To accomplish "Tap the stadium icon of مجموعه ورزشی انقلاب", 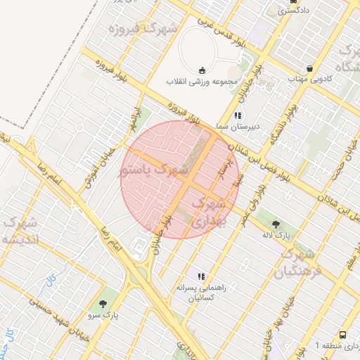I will coord(202,70).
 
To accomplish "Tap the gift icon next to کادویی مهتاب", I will coord(310,68).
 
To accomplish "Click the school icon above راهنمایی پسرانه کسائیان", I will coord(201,276).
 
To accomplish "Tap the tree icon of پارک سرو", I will coord(104,304).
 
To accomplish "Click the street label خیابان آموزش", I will coord(97,169).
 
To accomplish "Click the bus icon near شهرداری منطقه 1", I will coord(342,335).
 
